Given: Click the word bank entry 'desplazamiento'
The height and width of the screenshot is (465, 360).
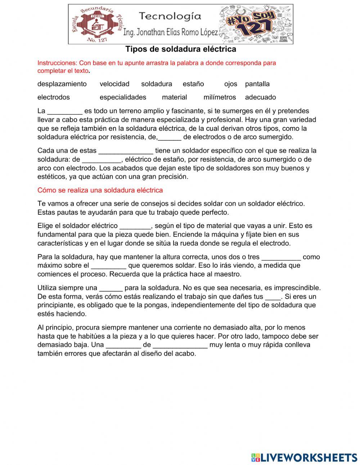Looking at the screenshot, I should [62, 84].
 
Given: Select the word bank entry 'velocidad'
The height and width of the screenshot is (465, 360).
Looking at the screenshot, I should [114, 84].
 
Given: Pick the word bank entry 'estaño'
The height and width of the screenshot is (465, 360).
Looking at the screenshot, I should [193, 84].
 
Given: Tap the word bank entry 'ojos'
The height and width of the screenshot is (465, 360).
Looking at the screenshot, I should [231, 84].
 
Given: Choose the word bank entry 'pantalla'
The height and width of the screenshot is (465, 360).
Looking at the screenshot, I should [257, 84].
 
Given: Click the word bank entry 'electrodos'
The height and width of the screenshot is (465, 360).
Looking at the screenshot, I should [54, 97].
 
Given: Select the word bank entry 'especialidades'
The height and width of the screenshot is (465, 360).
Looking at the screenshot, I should [123, 97].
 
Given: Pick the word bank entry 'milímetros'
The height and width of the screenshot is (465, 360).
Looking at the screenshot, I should [220, 97].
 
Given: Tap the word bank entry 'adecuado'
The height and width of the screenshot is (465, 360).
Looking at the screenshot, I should [261, 97].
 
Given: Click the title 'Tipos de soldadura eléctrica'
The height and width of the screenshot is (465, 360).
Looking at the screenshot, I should [181, 49].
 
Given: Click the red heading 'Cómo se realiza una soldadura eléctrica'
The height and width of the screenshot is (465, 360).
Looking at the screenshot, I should [100, 190].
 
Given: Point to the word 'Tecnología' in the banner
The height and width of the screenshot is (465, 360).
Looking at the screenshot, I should [170, 16].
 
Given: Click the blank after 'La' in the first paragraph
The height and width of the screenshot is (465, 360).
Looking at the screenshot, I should [65, 111].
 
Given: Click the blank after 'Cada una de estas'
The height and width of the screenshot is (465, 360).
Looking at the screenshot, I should [126, 151].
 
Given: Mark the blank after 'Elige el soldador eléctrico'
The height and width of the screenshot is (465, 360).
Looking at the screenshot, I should [135, 226].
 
